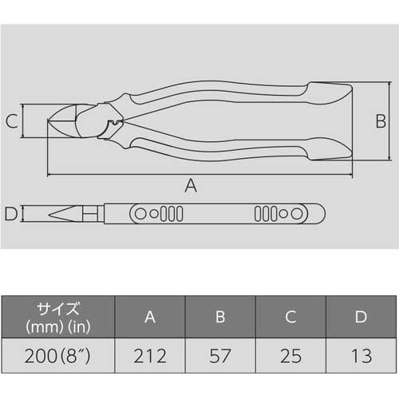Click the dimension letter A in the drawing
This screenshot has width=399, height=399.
click(191, 185)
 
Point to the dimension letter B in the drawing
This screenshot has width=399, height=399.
click(381, 121)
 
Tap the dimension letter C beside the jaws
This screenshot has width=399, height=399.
click(12, 122)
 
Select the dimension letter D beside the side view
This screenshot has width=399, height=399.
click(10, 214)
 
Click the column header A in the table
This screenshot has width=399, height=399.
click(150, 317)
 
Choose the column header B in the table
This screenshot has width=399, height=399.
click(220, 317)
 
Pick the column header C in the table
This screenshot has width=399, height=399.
click(290, 317)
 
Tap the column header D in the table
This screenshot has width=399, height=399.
click(361, 317)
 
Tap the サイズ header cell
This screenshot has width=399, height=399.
click(57, 317)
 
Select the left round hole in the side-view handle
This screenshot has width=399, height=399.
click(141, 214)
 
